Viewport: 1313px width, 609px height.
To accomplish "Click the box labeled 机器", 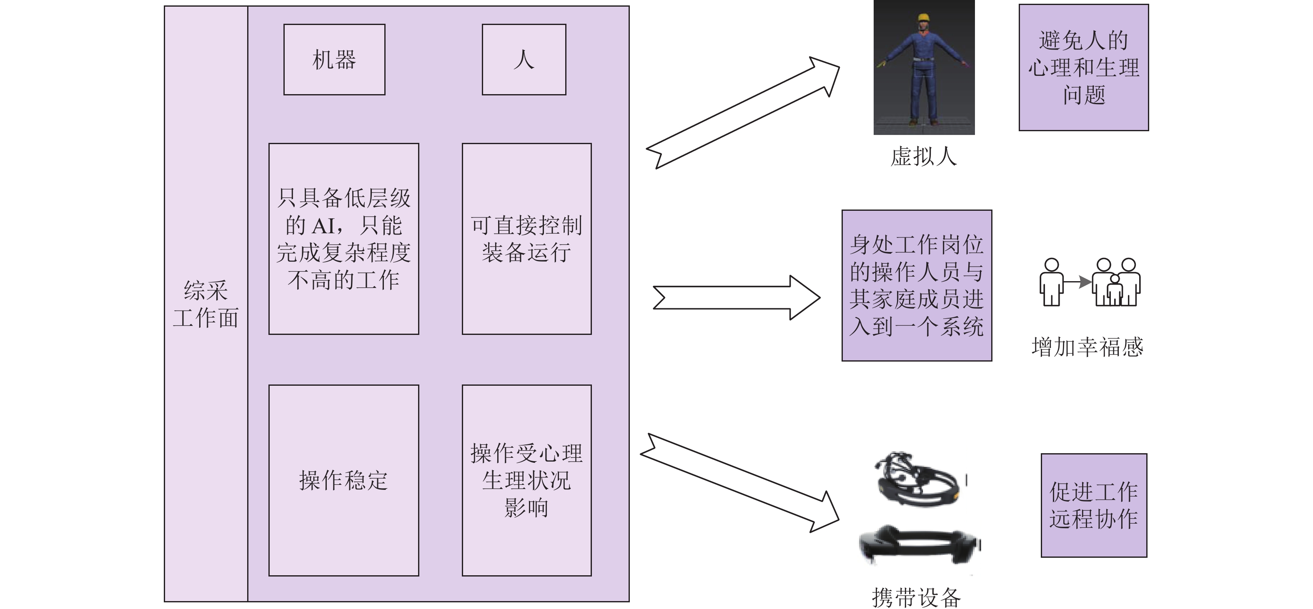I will point(334,60).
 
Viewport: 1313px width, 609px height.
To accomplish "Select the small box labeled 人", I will point(524,60).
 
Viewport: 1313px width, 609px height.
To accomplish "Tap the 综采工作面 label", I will point(205,304).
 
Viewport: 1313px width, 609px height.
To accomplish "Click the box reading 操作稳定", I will point(343,480).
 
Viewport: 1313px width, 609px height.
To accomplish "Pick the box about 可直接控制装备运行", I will point(526,238).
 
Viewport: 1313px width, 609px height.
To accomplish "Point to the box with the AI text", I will point(343,238).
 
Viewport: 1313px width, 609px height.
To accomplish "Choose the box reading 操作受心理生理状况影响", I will point(526,480).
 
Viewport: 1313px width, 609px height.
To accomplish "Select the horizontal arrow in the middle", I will point(737,297).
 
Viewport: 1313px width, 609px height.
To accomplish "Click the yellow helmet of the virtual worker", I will point(924,18).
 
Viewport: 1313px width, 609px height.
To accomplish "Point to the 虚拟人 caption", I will point(924,156).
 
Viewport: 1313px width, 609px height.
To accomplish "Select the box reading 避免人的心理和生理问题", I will point(1083,68).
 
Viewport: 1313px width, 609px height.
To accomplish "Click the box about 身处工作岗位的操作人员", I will point(917,285).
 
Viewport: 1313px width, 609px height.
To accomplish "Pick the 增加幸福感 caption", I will point(1087,347).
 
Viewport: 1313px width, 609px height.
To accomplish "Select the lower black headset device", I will point(919,544).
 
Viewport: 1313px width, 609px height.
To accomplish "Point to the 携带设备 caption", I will point(916,597).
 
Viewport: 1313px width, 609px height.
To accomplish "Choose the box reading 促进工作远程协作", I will point(1093,505).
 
